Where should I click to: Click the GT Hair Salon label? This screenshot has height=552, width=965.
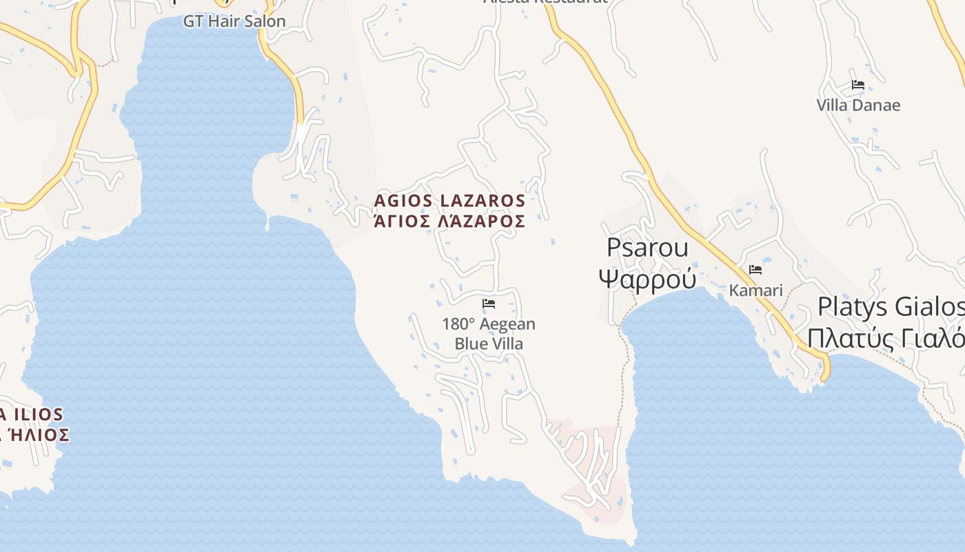[x=234, y=21]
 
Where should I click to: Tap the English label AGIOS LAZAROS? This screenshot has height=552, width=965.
[x=449, y=201]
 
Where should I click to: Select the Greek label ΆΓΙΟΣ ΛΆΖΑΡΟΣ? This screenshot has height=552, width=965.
[x=449, y=221]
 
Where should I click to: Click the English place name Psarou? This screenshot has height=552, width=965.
[x=647, y=248]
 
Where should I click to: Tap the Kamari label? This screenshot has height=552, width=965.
[x=756, y=290]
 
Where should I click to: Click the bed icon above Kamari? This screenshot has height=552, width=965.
[x=755, y=269]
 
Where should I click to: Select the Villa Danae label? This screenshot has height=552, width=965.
[x=858, y=106]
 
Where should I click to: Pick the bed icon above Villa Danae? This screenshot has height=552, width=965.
[x=858, y=85]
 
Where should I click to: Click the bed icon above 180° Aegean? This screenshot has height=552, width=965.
[x=489, y=303]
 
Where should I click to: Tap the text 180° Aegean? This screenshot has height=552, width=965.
[x=489, y=324]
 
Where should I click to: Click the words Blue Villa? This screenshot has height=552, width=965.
[x=489, y=344]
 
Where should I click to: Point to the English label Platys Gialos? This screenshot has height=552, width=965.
[x=891, y=306]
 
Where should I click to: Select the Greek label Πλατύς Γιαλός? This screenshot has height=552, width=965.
[x=886, y=339]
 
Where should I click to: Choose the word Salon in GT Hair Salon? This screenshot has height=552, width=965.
[x=264, y=21]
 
